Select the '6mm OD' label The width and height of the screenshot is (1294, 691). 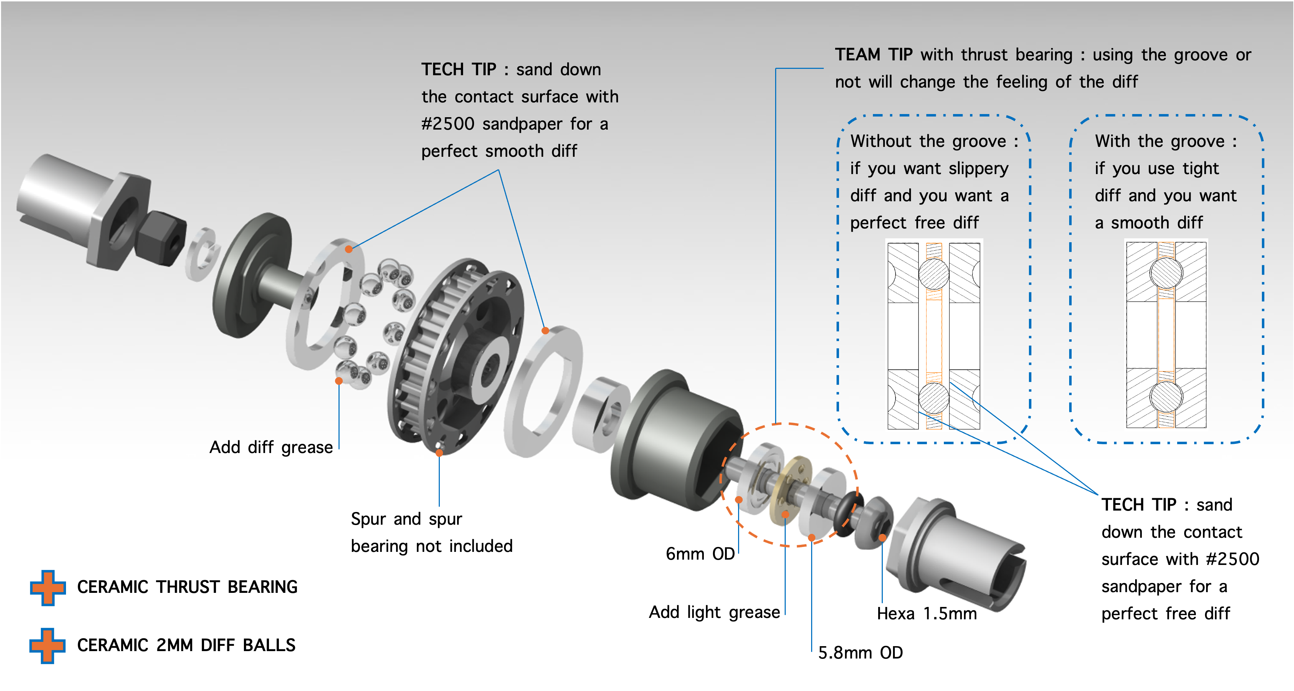700,554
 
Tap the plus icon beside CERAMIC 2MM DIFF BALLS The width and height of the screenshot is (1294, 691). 47,645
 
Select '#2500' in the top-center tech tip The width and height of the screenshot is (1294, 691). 448,124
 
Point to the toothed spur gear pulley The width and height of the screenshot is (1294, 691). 452,352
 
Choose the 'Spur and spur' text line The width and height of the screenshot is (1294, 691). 406,519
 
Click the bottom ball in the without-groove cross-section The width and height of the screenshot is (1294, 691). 933,398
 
